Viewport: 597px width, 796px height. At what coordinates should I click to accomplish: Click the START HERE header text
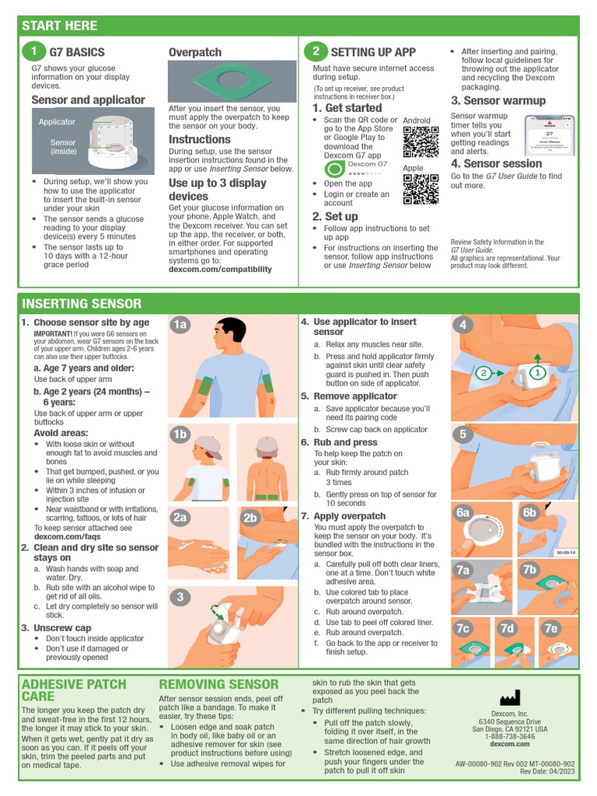point(60,26)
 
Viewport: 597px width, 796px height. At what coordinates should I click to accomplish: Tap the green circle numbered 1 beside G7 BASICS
point(33,52)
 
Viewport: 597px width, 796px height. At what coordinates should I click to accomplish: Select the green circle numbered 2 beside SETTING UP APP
point(316,52)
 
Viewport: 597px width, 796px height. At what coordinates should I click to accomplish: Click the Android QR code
point(421,141)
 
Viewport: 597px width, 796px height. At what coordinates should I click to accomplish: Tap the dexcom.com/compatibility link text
point(220,270)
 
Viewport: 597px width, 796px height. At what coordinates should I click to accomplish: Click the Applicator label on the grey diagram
point(58,122)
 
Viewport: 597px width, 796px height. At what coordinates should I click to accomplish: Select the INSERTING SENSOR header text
point(82,303)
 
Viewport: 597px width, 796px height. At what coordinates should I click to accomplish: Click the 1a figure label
point(181,325)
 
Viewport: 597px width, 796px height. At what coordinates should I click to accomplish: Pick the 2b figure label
point(250,518)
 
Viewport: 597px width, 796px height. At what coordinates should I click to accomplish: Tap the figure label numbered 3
point(180,597)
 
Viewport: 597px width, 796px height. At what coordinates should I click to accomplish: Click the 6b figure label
point(530,513)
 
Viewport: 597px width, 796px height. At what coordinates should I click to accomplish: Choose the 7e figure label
point(552,628)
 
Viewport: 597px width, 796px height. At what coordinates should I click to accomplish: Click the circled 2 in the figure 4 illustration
point(484,374)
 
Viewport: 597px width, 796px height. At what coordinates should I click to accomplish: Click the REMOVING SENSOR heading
point(218,685)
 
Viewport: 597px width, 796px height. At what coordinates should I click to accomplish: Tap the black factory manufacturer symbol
point(510,697)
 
